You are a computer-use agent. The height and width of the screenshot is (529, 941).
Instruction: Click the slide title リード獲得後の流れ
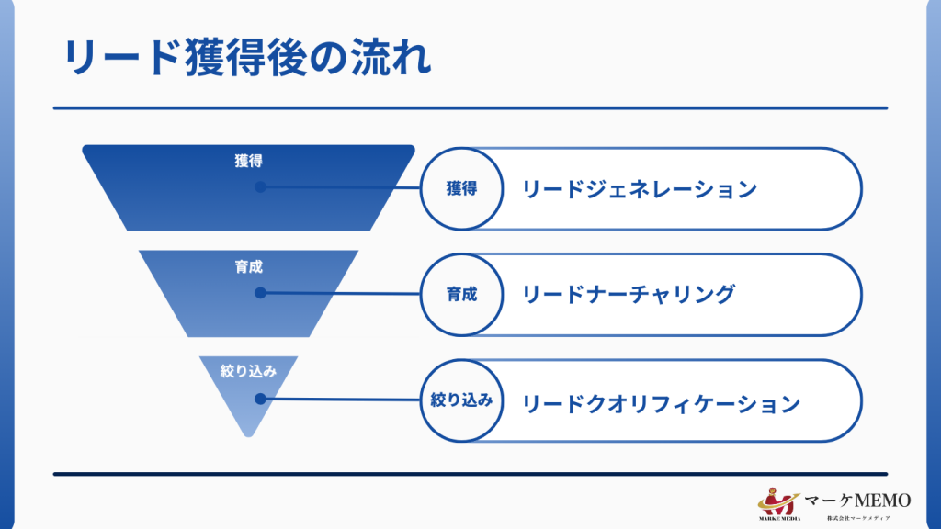coord(246,57)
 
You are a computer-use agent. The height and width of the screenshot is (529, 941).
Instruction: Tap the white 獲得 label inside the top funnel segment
coord(248,161)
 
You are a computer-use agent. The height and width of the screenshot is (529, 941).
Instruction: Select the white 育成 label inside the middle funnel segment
coord(248,267)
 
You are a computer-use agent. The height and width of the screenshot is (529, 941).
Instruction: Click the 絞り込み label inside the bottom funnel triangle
coord(248,371)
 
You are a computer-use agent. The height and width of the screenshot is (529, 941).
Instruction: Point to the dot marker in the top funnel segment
coord(260,186)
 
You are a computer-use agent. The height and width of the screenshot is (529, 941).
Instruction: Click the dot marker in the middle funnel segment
coord(260,293)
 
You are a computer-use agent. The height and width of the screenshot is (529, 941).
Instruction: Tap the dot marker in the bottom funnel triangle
coord(260,400)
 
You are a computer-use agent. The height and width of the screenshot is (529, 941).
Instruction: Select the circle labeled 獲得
coord(461,189)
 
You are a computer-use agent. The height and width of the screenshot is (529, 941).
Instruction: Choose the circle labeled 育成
coord(461,295)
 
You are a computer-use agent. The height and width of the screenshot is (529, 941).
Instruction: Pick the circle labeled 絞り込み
coord(461,400)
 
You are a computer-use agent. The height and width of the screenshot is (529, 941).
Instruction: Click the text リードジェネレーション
coord(640,189)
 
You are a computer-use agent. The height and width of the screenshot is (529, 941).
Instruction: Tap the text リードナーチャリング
coord(629,295)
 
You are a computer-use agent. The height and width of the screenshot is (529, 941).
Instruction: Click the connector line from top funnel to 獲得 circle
coord(340,187)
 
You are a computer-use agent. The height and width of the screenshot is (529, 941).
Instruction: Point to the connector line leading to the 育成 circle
coord(340,294)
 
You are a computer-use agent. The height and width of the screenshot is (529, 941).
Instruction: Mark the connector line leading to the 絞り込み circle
coord(340,400)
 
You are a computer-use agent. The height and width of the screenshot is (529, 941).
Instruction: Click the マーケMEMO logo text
coord(858,501)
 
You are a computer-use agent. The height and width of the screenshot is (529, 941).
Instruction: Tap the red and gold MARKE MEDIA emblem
coord(779,501)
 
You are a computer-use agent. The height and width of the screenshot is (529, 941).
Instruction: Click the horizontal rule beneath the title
coord(470,108)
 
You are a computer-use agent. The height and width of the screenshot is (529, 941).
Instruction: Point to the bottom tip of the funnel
coord(248,434)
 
